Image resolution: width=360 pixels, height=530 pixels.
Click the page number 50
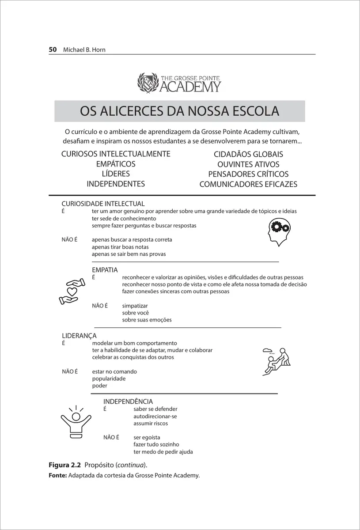click(53, 49)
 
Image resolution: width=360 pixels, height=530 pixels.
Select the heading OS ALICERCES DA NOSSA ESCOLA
click(179, 111)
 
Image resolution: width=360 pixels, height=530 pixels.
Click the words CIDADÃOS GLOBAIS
click(248, 154)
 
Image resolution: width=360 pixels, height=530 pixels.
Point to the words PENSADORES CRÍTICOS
click(248, 174)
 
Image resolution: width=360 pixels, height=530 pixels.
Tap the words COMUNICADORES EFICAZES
click(248, 184)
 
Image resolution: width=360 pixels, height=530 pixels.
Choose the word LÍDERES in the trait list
click(116, 174)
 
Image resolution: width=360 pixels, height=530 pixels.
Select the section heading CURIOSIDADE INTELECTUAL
click(103, 204)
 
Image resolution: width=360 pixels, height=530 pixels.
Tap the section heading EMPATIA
click(105, 270)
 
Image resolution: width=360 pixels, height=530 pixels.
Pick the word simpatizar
click(135, 306)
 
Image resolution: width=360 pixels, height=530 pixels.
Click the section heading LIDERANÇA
click(79, 336)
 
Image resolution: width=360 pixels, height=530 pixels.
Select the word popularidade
click(109, 379)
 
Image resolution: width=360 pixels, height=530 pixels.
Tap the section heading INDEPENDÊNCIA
click(128, 401)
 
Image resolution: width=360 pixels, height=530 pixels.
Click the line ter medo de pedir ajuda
click(163, 452)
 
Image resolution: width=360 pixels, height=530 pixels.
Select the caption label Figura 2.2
click(64, 466)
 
